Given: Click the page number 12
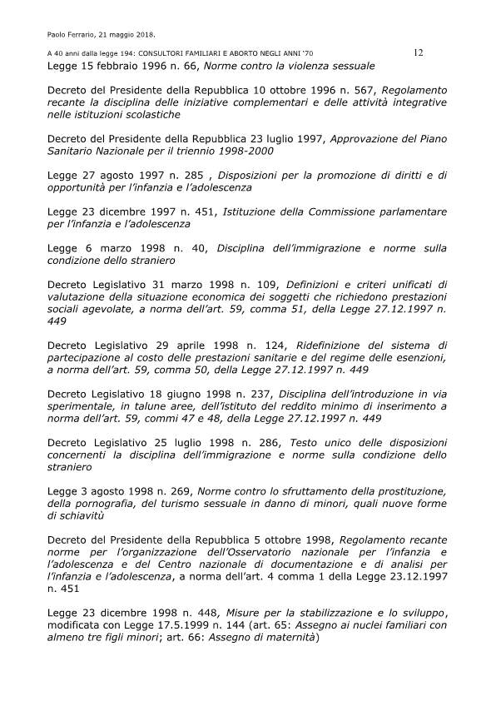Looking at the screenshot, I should click(x=419, y=52).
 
